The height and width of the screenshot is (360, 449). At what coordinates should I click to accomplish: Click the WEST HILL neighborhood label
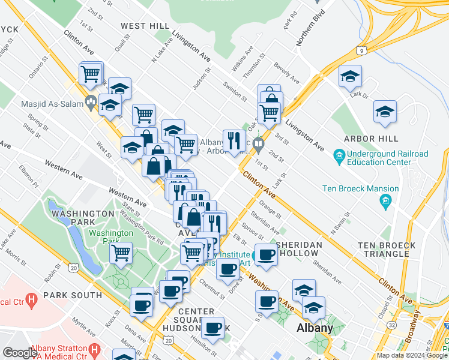click(x=145, y=26)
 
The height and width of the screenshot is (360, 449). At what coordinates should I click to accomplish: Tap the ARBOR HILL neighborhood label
click(x=371, y=139)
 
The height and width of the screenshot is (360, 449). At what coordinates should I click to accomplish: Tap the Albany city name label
click(x=316, y=329)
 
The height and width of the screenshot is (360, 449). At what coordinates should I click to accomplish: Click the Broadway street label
click(x=414, y=328)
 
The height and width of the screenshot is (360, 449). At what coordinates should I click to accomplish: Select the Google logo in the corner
click(x=20, y=353)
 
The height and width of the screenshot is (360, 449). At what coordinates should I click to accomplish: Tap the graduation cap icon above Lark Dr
click(x=349, y=76)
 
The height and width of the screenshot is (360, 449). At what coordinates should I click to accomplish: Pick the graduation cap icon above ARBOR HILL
click(x=385, y=112)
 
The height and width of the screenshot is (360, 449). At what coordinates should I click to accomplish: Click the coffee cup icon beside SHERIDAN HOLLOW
click(x=266, y=255)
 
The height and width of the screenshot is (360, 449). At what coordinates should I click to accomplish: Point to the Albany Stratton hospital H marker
click(x=94, y=349)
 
